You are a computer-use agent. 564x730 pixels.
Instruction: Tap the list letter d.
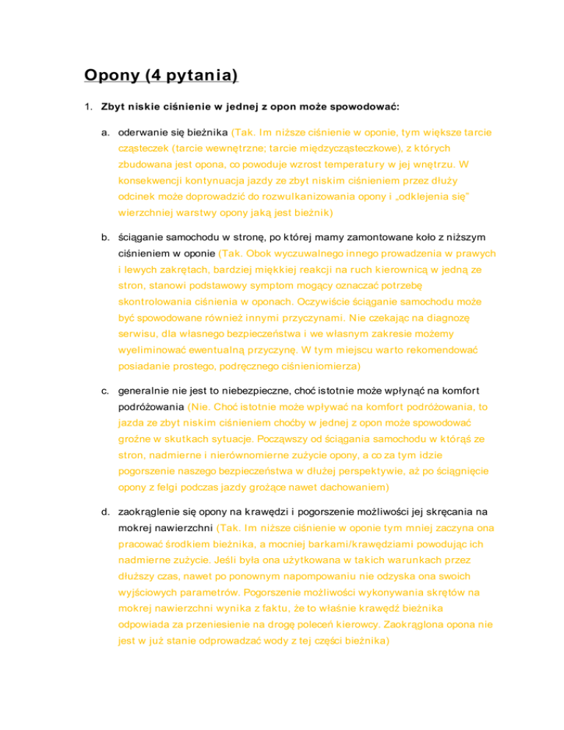[x=106, y=507]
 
